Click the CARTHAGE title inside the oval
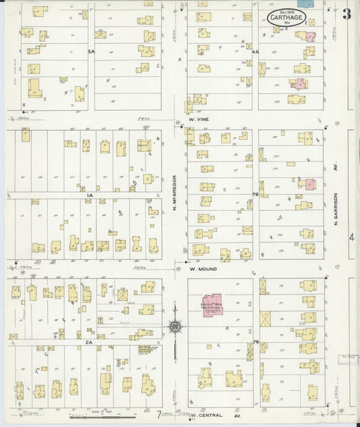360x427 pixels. pos(284,16)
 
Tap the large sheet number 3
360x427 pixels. pos(346,14)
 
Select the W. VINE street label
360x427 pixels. pos(201,120)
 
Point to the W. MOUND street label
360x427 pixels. pos(203,268)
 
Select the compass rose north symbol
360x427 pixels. pos(174,327)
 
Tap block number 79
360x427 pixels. pos(255,195)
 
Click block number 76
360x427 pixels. pos(255,343)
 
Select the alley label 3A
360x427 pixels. pos(90,51)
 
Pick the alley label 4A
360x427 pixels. pos(255,51)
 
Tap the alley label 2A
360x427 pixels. pos(88,343)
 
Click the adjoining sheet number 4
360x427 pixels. pos(351,238)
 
